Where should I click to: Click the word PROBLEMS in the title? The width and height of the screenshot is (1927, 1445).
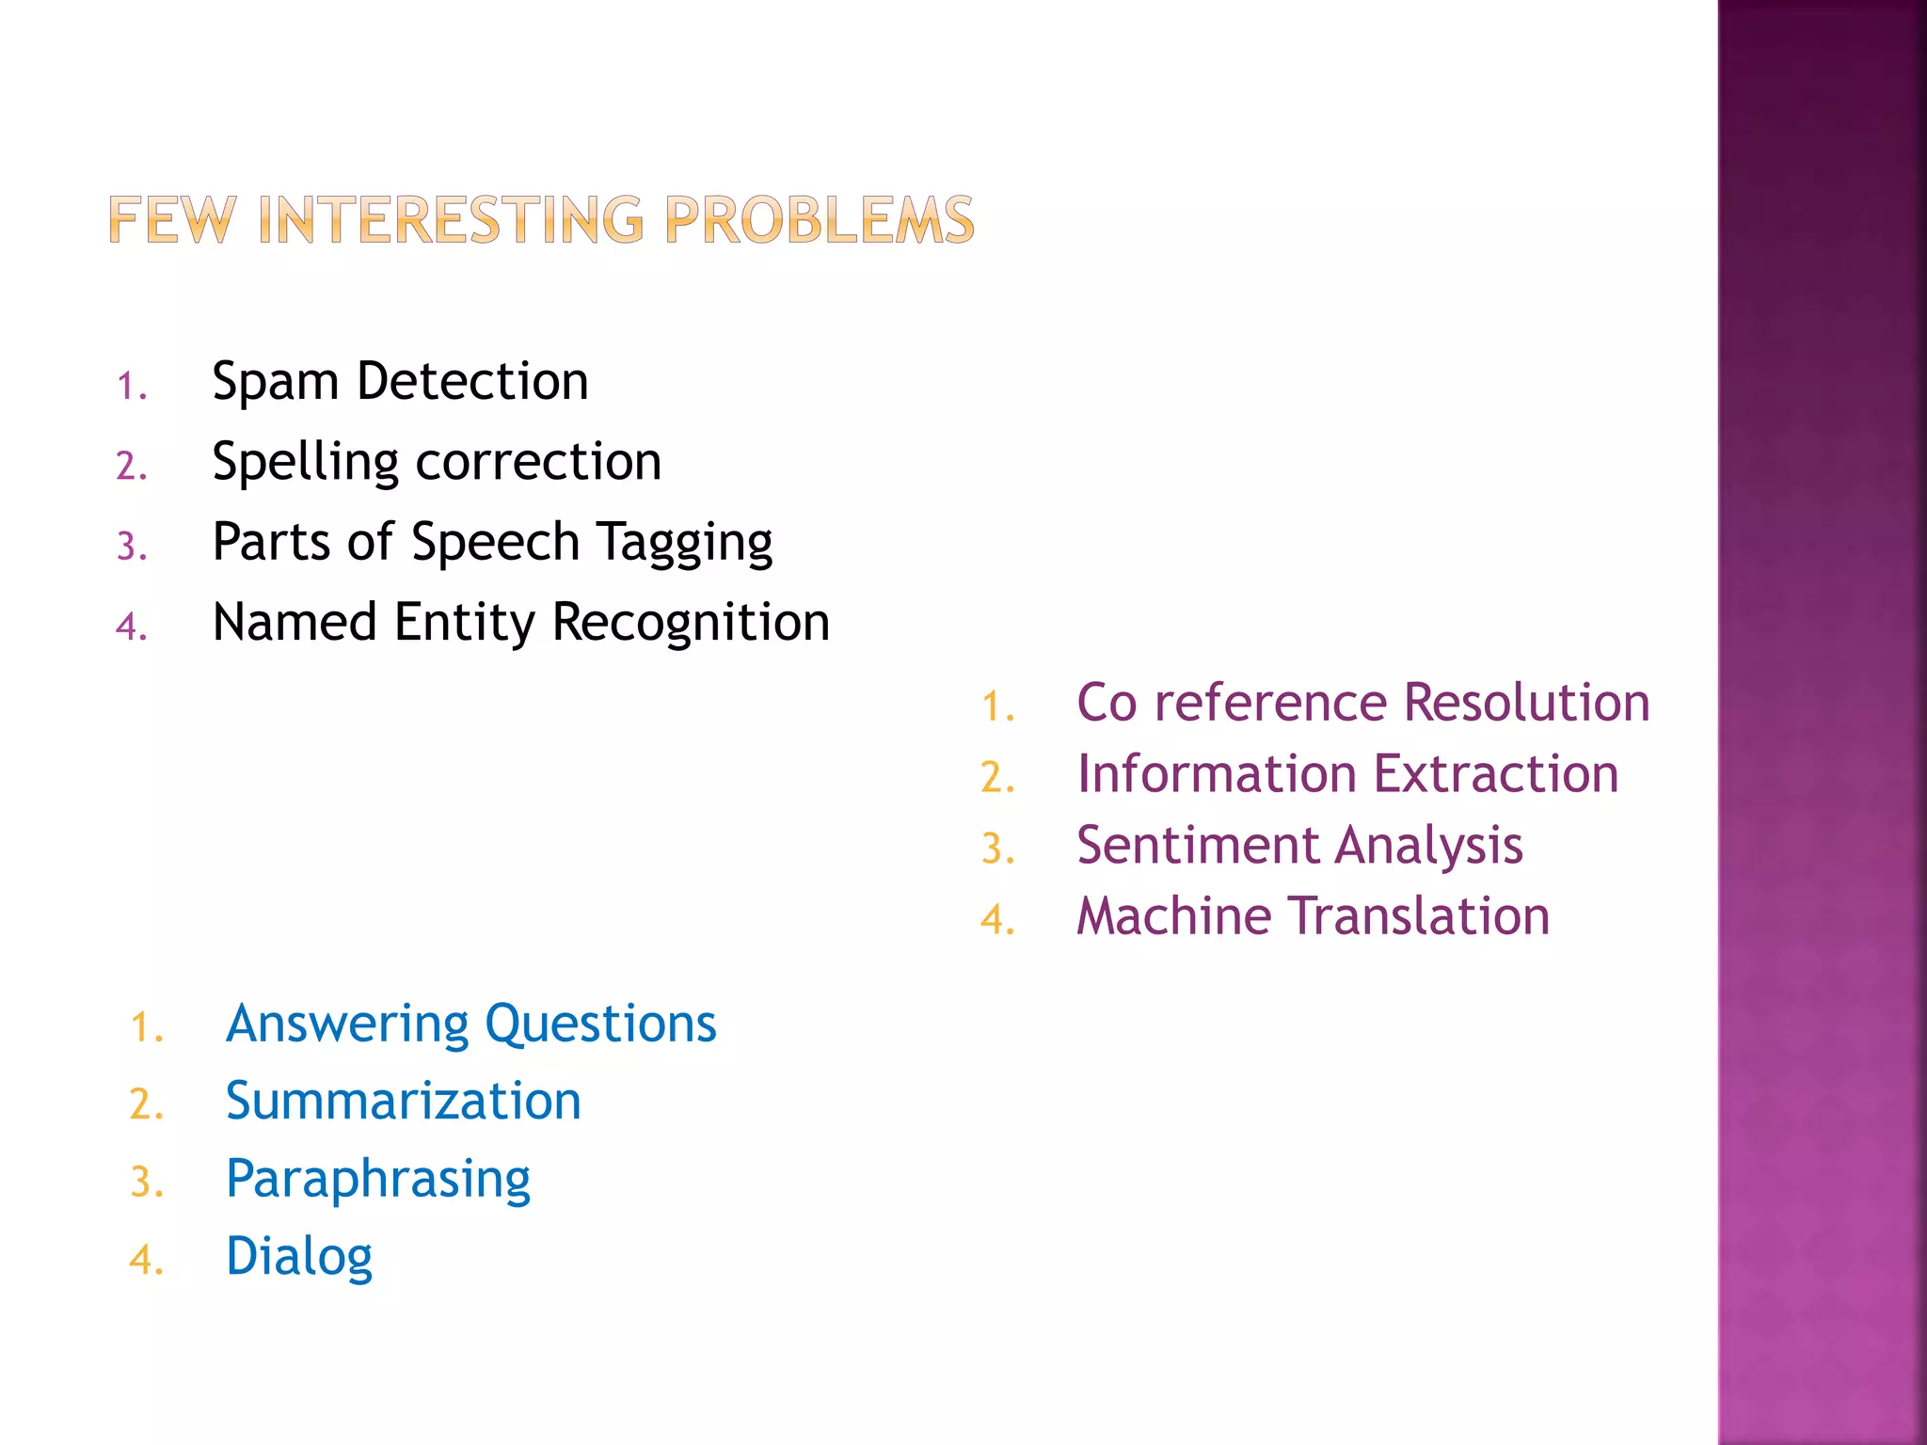coord(819,220)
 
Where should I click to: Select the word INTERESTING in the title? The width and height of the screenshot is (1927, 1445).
coord(451,220)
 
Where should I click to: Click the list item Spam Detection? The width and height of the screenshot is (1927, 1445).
coord(400,381)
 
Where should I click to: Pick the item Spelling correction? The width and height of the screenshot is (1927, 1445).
coord(437,462)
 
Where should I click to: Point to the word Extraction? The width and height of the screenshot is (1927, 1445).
coord(1495,774)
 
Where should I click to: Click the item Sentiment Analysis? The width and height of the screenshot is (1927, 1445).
coord(1298,845)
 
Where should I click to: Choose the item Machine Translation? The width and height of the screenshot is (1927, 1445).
coord(1313,916)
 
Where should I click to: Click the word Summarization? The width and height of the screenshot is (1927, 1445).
coord(403,1101)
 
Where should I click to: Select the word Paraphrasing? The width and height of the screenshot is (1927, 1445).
coord(377,1180)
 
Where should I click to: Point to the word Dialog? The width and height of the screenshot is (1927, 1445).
coord(299,1257)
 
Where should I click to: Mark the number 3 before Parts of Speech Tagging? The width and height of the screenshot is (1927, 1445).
coord(128,547)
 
